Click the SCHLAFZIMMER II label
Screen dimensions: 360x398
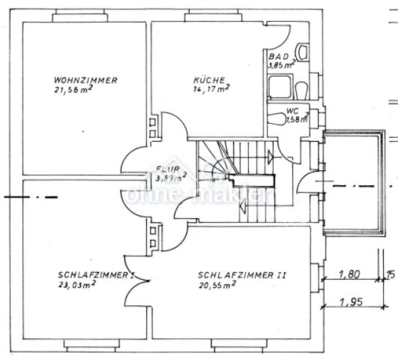click(x=242, y=274)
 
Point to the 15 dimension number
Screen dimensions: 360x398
click(x=391, y=274)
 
